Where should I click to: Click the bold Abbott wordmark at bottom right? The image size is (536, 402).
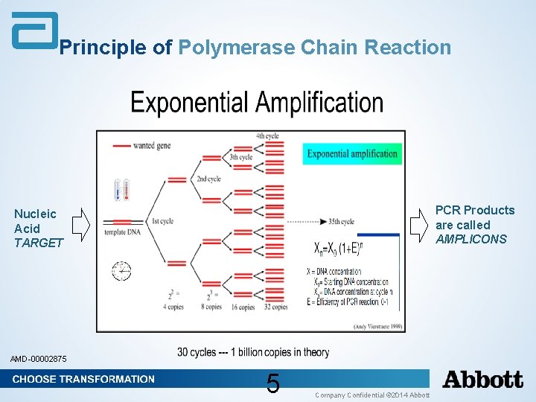point(483,380)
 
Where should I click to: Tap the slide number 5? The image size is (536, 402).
point(273,384)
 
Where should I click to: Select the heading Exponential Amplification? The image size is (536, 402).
point(257,103)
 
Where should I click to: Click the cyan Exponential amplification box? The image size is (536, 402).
point(352,154)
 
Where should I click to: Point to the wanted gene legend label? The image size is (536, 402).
point(152,145)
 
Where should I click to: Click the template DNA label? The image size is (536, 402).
point(122,232)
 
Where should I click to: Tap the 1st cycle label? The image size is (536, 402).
point(162,221)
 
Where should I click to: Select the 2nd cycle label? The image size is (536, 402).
point(208,179)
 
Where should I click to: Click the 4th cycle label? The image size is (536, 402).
point(268,136)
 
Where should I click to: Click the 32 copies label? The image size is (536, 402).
point(275,307)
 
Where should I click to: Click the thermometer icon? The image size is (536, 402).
point(121,190)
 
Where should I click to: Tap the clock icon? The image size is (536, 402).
point(121,269)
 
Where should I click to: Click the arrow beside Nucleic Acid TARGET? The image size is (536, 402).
point(82,223)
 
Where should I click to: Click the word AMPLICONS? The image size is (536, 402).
point(470,239)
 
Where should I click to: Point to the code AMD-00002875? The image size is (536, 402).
point(38,360)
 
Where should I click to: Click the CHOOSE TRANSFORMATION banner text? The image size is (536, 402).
point(83,379)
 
